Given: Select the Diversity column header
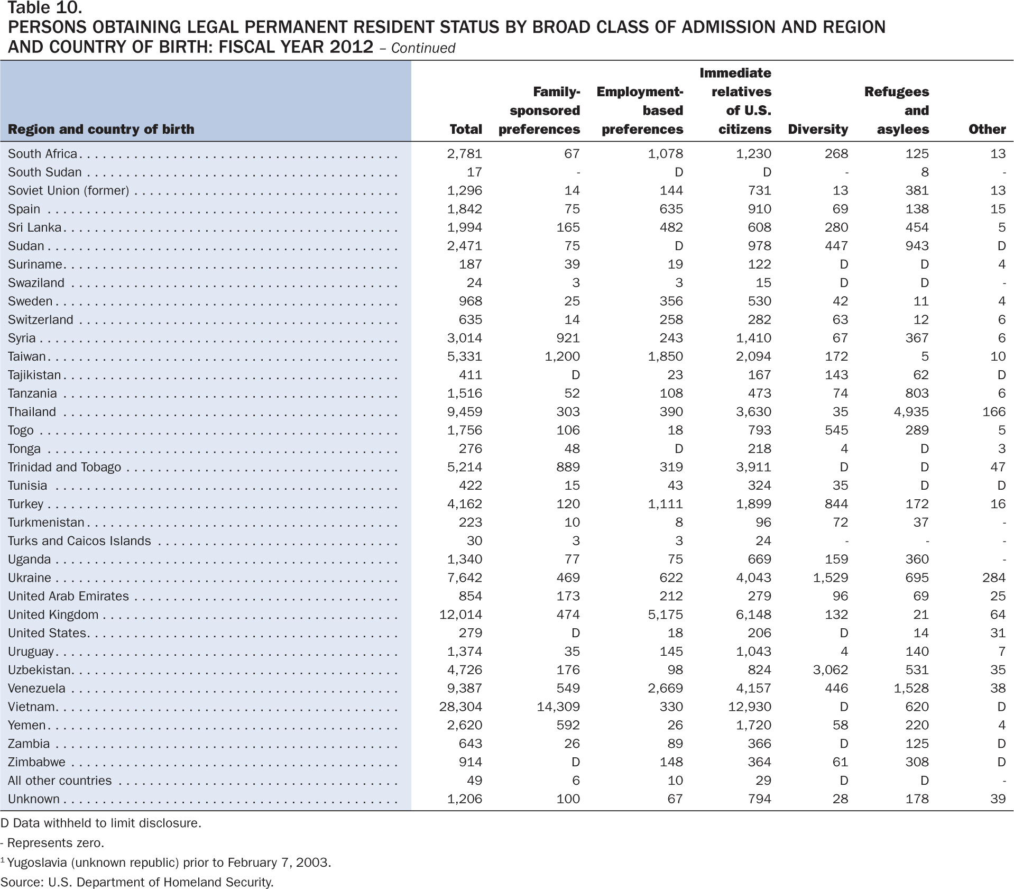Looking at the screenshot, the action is click(818, 130).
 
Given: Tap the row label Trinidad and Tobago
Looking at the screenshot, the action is click(64, 468).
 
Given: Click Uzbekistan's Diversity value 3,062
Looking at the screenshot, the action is click(831, 670).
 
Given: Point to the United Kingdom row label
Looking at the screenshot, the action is click(53, 615).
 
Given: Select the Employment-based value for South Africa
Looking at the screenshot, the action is click(665, 154).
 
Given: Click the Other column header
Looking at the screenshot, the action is click(987, 130).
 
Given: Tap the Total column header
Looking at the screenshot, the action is click(466, 130).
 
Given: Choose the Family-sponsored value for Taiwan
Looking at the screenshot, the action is click(562, 356).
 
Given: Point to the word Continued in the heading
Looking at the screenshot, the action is click(423, 48).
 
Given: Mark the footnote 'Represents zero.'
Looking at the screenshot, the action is click(52, 842).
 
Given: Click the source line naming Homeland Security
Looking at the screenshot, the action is click(137, 882).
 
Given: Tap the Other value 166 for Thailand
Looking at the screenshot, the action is click(994, 412).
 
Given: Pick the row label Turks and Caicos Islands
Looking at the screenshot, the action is click(79, 541).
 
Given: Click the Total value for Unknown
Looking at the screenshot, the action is click(465, 799).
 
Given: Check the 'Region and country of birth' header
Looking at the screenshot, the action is click(101, 130).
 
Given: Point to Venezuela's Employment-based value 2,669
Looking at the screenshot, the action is click(665, 689).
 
